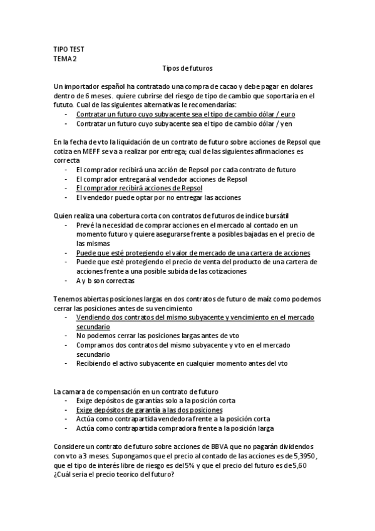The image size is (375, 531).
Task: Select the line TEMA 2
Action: pos(65,59)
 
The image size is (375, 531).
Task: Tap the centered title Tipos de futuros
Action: pos(187,69)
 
